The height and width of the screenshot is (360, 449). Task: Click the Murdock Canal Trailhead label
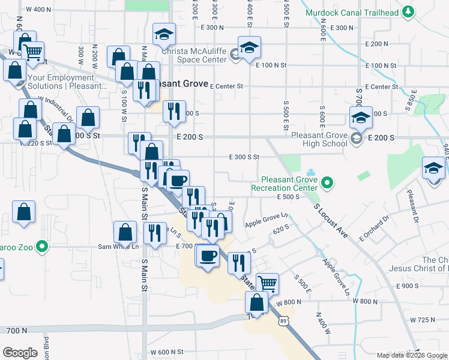tap(352, 12)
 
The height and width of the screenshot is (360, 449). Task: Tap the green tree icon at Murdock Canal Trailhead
tap(408, 11)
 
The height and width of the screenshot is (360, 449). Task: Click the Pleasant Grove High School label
tap(319, 139)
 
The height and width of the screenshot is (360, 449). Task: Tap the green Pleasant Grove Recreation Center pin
tap(327, 181)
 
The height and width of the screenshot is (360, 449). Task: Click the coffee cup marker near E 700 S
tap(208, 256)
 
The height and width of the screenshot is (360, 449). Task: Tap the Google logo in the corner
tap(20, 353)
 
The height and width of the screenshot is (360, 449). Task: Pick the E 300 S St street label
tap(244, 157)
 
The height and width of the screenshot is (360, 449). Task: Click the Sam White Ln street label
tap(119, 247)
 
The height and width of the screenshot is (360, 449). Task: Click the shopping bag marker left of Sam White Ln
tap(124, 232)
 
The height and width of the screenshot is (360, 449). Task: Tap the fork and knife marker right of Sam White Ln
tap(155, 232)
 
